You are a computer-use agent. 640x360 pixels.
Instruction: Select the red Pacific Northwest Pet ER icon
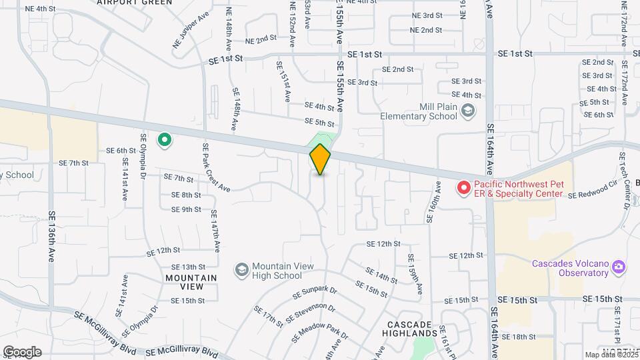(x=462, y=189)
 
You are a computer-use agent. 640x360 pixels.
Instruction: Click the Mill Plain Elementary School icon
(x=469, y=111)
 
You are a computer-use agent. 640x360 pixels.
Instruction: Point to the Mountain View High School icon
(x=241, y=270)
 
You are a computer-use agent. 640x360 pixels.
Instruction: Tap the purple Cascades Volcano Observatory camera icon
(x=619, y=268)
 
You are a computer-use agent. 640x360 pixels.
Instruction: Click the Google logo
(x=22, y=352)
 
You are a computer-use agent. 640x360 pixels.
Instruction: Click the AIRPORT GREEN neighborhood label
(x=134, y=3)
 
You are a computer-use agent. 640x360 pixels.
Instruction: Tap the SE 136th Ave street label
(x=52, y=237)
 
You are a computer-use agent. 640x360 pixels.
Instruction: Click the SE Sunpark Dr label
(x=315, y=292)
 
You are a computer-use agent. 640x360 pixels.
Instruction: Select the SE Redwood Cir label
(x=593, y=190)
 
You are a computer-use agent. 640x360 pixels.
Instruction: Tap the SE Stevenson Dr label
(x=310, y=314)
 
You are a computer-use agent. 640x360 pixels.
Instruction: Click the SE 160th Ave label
(x=433, y=201)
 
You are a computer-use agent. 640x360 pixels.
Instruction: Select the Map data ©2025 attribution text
(x=611, y=355)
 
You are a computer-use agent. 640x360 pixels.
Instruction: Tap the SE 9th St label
(x=186, y=209)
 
